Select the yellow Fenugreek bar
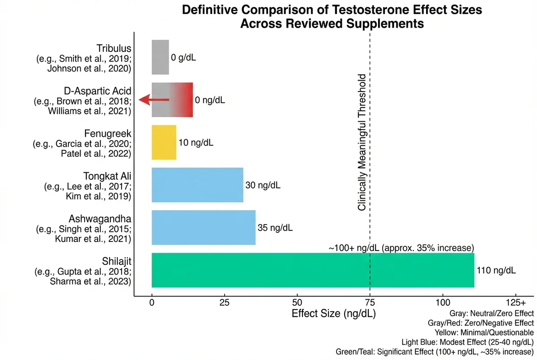click(164, 142)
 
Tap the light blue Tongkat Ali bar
click(197, 185)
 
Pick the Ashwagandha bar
click(204, 228)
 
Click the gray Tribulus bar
click(160, 57)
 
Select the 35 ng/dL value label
click(275, 228)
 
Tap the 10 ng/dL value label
click(196, 143)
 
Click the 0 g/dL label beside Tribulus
click(183, 58)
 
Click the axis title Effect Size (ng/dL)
click(333, 313)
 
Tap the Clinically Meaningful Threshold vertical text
click(362, 142)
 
